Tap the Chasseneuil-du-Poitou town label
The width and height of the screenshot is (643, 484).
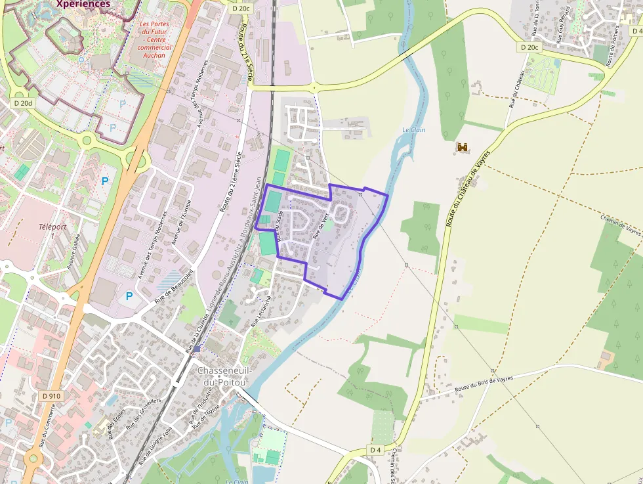pyautogui.click(x=222, y=376)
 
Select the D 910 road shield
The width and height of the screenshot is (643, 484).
pyautogui.click(x=51, y=396)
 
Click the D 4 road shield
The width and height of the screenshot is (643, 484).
pyautogui.click(x=375, y=449)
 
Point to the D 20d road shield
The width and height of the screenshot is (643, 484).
pyautogui.click(x=22, y=103)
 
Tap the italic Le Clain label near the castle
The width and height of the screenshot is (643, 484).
pyautogui.click(x=414, y=130)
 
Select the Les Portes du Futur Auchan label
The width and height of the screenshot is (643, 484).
pyautogui.click(x=155, y=40)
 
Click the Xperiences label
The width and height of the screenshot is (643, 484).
pyautogui.click(x=83, y=4)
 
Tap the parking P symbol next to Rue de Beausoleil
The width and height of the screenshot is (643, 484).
pyautogui.click(x=129, y=296)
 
